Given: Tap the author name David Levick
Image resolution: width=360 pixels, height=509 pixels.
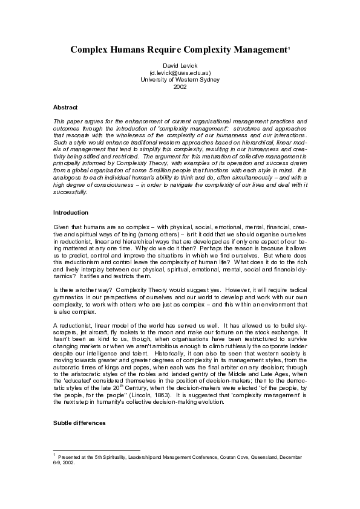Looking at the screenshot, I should [180, 65].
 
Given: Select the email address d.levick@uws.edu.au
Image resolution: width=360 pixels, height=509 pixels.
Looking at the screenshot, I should [180, 73].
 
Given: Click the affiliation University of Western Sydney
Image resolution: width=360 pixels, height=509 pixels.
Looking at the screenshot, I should [180, 80].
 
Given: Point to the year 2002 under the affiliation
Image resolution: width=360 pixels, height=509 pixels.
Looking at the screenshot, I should [180, 87].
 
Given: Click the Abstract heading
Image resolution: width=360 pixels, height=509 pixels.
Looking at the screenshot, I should [65, 107].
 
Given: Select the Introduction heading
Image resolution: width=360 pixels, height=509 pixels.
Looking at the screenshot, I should [70, 213].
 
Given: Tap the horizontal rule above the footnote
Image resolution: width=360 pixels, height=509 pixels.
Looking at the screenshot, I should [97, 450].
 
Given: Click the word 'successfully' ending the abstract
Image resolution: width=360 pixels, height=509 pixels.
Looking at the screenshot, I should [70, 192].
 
